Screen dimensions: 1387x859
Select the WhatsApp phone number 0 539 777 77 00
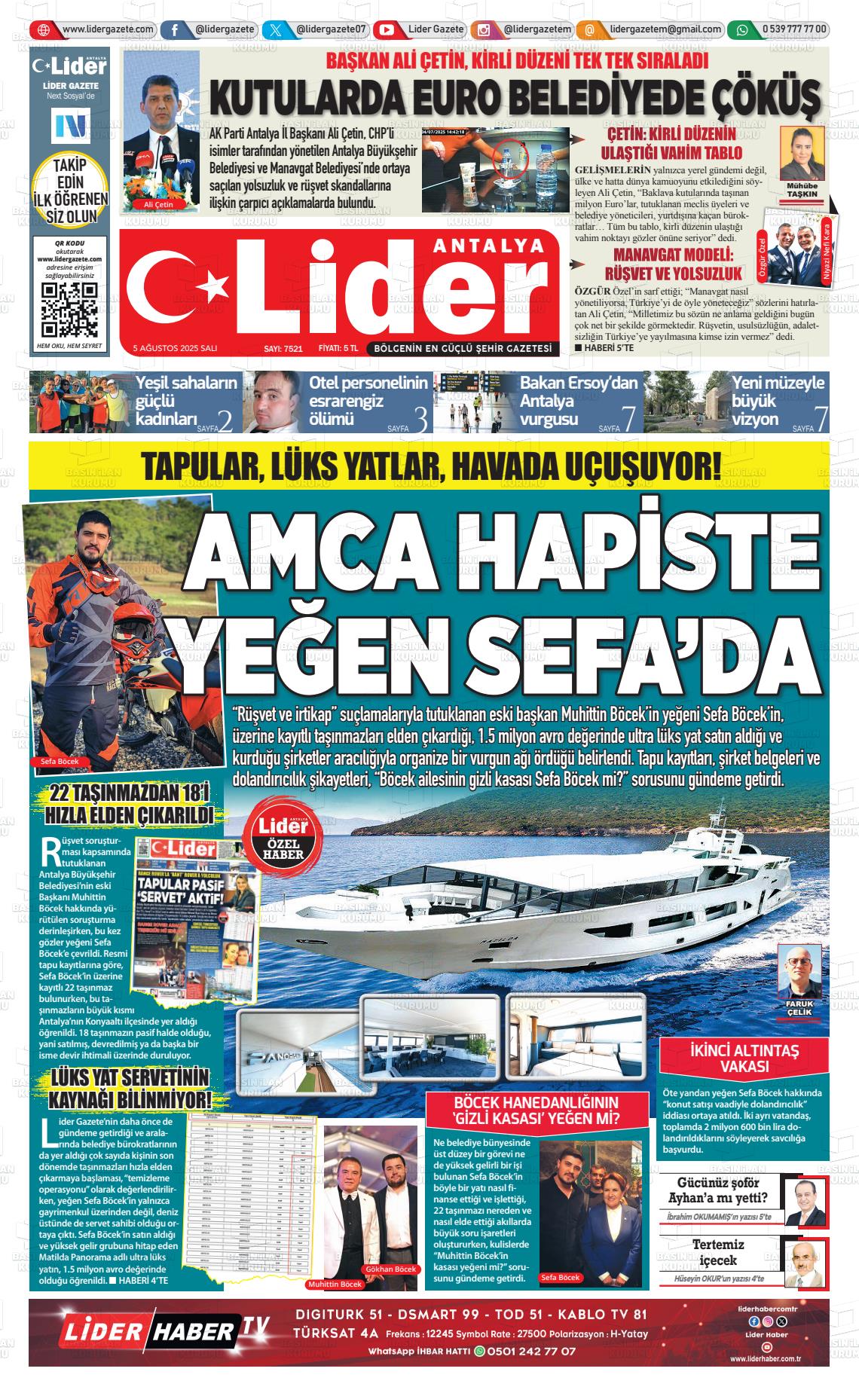(794, 30)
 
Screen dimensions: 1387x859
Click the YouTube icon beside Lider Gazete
(387, 30)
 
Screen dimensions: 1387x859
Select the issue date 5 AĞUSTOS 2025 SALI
(175, 348)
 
